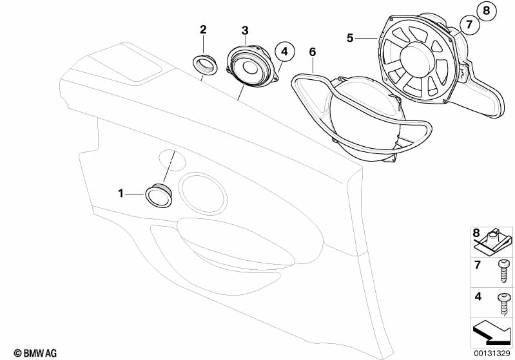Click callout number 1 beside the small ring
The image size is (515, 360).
pyautogui.click(x=121, y=194)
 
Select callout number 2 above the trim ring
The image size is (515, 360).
pyautogui.click(x=203, y=30)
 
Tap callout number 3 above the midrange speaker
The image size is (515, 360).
pyautogui.click(x=245, y=31)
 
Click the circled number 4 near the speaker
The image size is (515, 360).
pyautogui.click(x=284, y=52)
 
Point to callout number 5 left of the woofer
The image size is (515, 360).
pyautogui.click(x=350, y=38)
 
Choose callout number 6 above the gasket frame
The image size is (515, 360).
pyautogui.click(x=313, y=52)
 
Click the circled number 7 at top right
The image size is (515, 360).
pyautogui.click(x=469, y=24)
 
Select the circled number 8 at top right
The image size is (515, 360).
pyautogui.click(x=487, y=11)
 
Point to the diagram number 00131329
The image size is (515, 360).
pyautogui.click(x=492, y=354)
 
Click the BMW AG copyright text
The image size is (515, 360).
pyautogui.click(x=35, y=353)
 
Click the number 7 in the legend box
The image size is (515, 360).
pyautogui.click(x=477, y=265)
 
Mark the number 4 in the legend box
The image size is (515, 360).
pyautogui.click(x=478, y=297)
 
